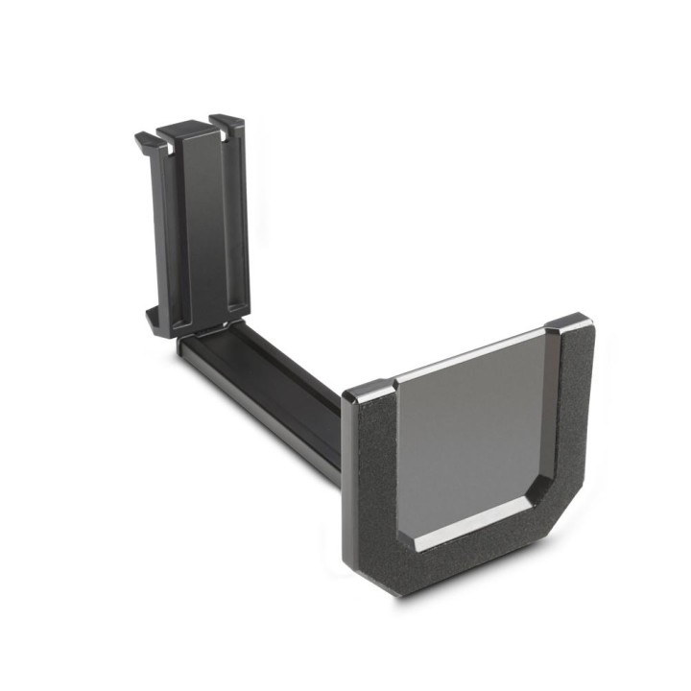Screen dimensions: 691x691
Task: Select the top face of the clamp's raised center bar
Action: (181, 127)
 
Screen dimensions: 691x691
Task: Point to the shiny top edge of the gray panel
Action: (470, 358)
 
